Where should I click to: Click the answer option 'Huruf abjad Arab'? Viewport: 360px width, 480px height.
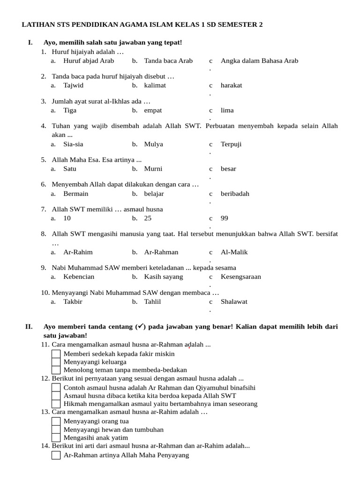[89, 60]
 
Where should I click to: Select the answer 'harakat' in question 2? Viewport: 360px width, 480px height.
[232, 85]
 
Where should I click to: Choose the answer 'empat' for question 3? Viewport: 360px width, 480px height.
[153, 110]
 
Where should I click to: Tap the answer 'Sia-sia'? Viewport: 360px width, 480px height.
[73, 144]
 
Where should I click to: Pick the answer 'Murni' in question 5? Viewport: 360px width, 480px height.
[153, 169]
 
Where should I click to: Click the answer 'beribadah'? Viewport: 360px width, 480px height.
[235, 194]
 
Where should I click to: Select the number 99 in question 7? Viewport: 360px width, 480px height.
[225, 218]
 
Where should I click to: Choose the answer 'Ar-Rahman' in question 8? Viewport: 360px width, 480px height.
[161, 252]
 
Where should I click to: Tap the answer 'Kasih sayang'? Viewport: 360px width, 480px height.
[164, 277]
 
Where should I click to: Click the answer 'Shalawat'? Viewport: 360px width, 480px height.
[234, 301]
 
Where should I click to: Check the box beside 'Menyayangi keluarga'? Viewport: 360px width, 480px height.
[56, 362]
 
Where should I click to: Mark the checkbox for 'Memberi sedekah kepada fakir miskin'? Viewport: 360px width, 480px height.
[56, 354]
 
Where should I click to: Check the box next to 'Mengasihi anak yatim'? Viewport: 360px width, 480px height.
[56, 437]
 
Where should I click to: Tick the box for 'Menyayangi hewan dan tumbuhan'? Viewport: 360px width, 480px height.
[56, 429]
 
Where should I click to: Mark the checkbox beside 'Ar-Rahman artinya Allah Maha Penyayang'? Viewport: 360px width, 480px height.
[56, 455]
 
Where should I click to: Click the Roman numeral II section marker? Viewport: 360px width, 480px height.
[29, 326]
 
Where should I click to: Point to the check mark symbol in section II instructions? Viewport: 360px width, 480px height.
[140, 326]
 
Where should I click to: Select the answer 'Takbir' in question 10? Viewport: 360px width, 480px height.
[73, 301]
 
